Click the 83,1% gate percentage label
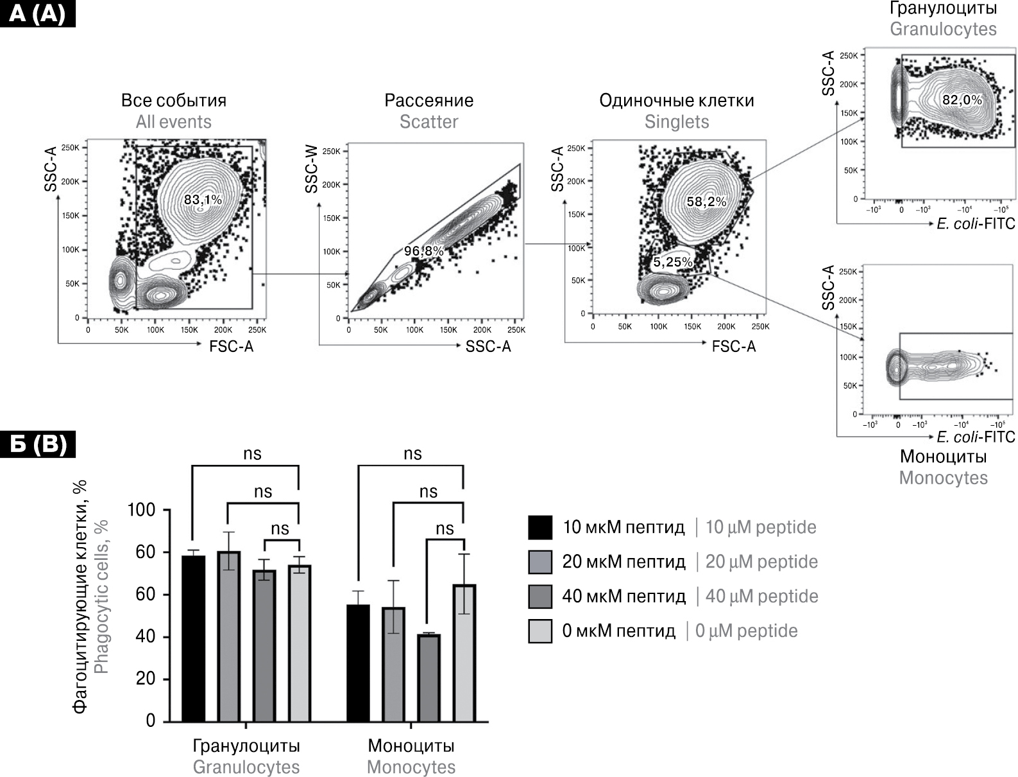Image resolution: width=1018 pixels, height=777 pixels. [203, 200]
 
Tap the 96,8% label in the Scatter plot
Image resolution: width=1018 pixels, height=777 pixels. [423, 251]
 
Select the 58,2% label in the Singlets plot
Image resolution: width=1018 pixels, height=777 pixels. [707, 202]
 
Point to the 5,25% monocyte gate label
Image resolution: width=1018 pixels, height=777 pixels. [673, 262]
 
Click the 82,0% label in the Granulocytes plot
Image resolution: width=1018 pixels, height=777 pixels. [962, 100]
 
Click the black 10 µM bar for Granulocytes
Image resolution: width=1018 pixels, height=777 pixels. [193, 638]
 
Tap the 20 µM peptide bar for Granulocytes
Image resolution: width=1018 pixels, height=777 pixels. [228, 636]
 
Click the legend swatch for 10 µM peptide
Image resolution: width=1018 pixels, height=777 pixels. [540, 527]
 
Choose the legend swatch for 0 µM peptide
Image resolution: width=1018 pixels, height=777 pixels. [540, 631]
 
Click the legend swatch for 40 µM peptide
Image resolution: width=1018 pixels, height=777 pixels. [540, 597]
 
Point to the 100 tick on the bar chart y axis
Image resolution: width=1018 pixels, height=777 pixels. [142, 510]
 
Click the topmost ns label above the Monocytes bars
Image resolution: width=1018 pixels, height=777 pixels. [412, 454]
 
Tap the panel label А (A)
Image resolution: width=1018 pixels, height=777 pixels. [38, 13]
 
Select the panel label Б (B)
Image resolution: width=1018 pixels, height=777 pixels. [38, 444]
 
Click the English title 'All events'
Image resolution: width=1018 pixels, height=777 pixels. [173, 122]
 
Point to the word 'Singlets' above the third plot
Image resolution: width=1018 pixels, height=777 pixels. [677, 122]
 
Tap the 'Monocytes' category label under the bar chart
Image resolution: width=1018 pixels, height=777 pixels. [411, 767]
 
